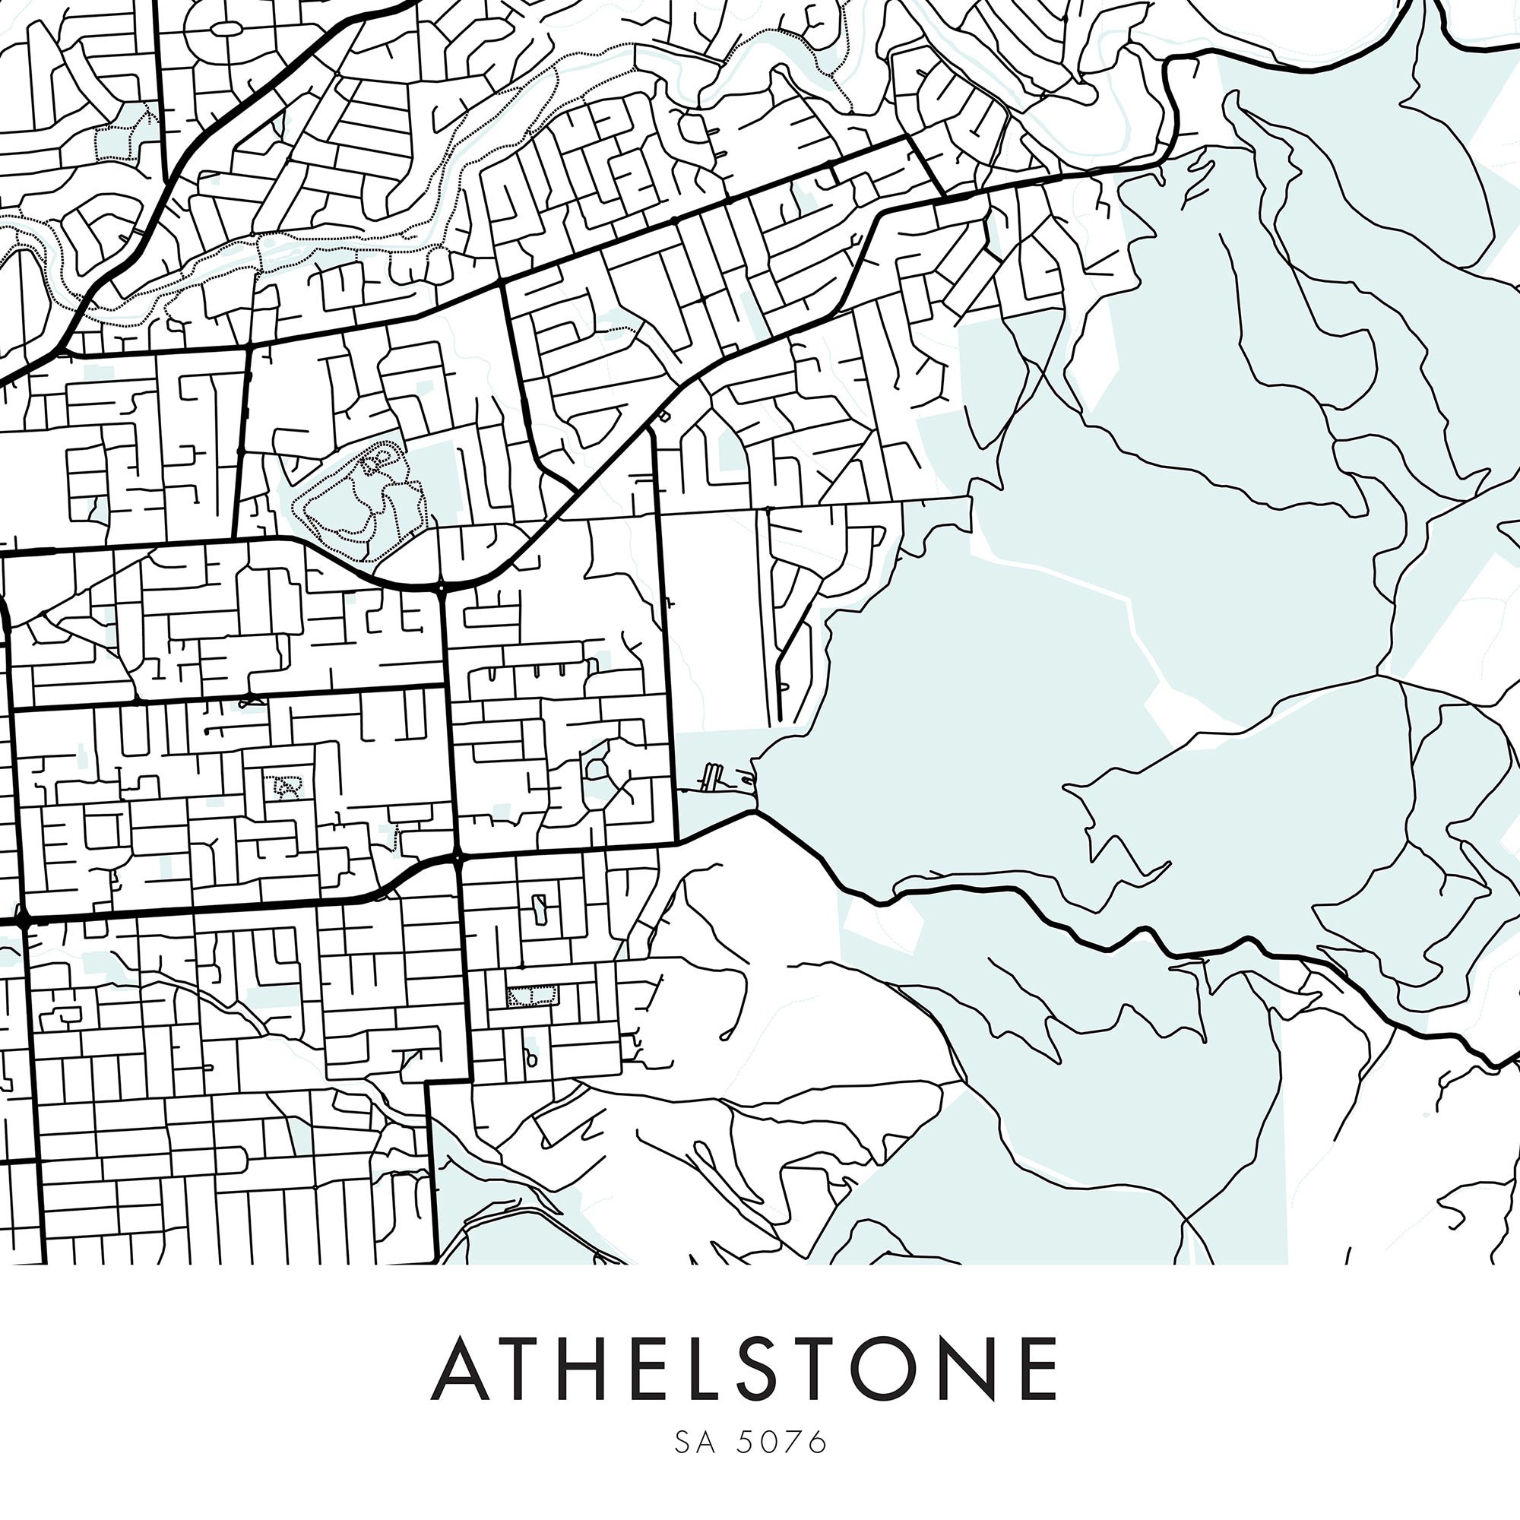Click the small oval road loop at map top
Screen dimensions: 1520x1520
coord(226,28)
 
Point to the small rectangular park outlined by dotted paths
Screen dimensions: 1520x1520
coord(532,997)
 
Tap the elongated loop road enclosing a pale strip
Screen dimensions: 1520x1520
coord(540,910)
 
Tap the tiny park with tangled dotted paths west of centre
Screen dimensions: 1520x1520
coord(285,786)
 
